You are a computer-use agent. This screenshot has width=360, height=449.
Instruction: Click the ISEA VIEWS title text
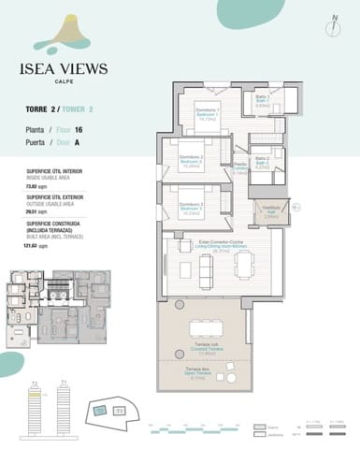64,68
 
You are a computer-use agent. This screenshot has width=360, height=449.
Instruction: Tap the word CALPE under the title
64,82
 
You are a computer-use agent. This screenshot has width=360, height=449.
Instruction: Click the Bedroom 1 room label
208,114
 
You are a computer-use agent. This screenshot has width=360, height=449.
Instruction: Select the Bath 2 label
263,163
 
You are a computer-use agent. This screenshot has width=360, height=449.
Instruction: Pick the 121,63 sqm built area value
36,246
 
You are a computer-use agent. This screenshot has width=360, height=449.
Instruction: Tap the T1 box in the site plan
119,410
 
